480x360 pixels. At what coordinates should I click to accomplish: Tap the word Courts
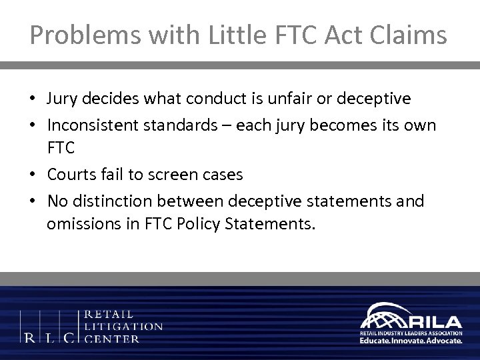(69, 175)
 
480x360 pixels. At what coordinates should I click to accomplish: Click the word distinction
(109, 201)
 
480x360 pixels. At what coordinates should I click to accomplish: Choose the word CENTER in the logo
(113, 339)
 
